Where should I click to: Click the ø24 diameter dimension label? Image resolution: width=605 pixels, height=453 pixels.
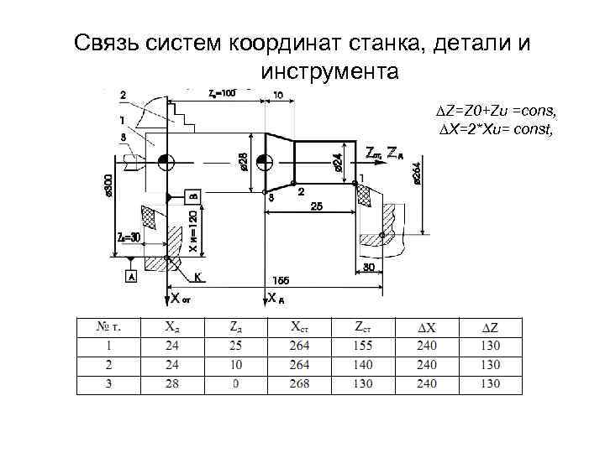tap(337, 161)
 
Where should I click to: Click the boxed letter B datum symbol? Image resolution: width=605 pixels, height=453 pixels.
tap(192, 195)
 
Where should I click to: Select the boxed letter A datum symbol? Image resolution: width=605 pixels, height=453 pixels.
tap(131, 276)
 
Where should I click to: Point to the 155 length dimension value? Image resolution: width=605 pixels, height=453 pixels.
tap(281, 280)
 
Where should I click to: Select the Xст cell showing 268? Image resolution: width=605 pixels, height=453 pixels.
tap(299, 384)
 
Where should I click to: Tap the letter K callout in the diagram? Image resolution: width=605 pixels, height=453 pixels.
tap(198, 275)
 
